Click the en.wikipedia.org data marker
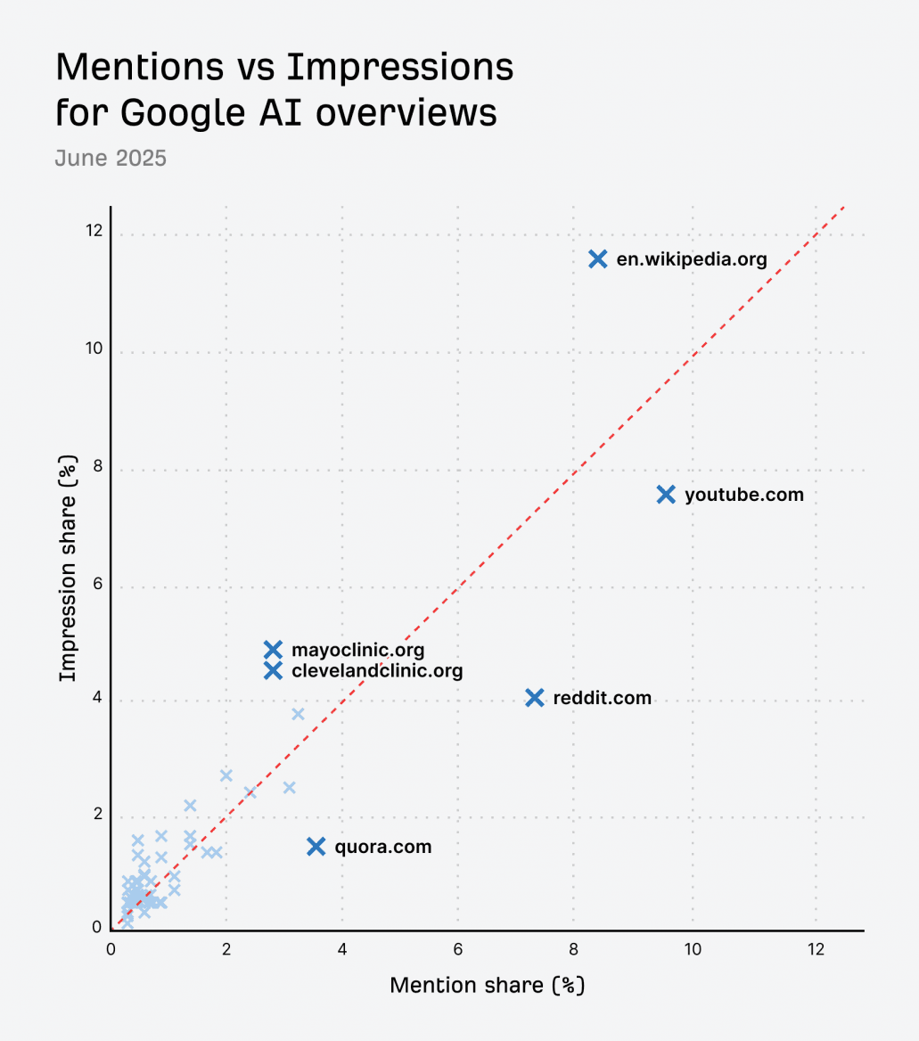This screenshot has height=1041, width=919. (x=598, y=259)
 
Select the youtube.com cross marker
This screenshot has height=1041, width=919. (x=666, y=495)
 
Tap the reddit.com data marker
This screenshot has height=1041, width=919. (x=535, y=698)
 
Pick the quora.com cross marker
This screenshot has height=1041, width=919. (x=316, y=847)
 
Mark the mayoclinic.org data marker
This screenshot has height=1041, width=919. (x=273, y=650)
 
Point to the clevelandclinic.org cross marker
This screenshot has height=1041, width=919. (x=273, y=670)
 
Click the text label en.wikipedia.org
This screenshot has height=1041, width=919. (x=692, y=260)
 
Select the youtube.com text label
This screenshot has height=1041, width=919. (x=744, y=495)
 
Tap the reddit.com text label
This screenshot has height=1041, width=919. (x=603, y=698)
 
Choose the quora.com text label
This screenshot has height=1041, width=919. (x=383, y=847)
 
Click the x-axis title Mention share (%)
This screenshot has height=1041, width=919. (x=488, y=986)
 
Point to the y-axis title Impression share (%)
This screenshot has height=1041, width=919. (x=68, y=569)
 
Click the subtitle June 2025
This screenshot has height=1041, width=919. (x=111, y=159)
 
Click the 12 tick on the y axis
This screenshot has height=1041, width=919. (x=94, y=232)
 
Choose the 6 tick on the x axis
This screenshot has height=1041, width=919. (x=457, y=950)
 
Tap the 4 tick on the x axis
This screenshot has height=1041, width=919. (x=342, y=950)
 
